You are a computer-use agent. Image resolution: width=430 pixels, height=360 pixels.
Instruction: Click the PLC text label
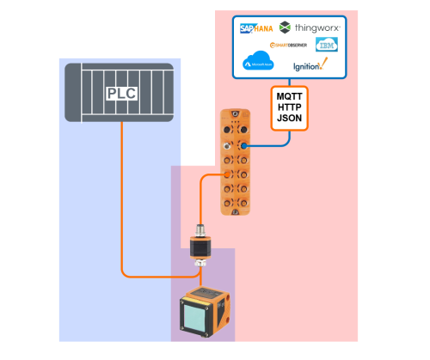click(x=121, y=93)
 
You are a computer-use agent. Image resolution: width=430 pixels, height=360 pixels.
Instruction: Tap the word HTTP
click(x=290, y=107)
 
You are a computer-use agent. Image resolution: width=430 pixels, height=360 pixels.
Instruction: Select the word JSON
click(x=290, y=120)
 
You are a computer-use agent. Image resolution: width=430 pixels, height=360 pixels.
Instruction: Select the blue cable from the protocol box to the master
click(x=275, y=146)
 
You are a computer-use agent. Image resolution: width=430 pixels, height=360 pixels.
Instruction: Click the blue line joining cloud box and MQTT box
click(x=290, y=81)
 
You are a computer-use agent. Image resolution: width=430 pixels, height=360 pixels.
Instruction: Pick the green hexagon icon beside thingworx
click(x=285, y=27)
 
